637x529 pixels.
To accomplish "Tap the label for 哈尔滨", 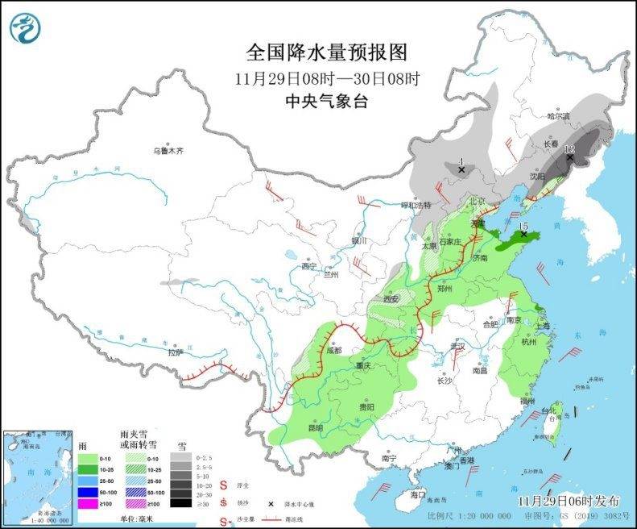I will [x=558, y=117].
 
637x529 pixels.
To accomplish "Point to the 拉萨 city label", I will [x=176, y=352].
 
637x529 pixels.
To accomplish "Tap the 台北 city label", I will [x=548, y=410].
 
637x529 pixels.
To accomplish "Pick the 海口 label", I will [x=417, y=494].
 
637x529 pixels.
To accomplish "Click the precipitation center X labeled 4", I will [x=461, y=169].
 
